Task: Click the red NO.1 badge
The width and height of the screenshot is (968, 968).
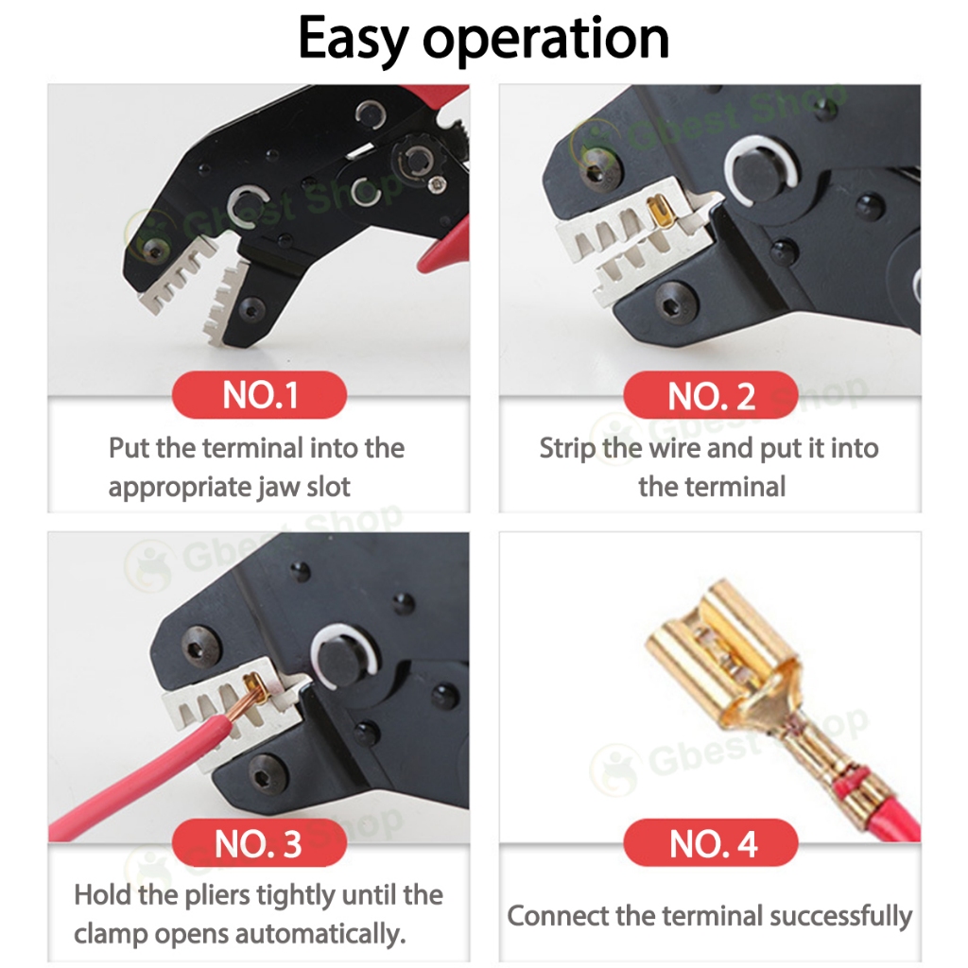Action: click(x=259, y=394)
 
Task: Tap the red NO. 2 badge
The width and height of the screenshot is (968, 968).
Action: click(x=711, y=394)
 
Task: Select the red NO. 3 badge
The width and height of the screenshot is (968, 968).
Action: click(x=259, y=842)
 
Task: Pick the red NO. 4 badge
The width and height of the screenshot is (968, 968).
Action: click(x=711, y=842)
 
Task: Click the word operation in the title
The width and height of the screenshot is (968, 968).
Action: click(x=545, y=41)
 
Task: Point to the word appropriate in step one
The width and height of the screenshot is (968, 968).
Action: click(x=178, y=489)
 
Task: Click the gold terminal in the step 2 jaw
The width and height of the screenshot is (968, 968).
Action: click(x=657, y=213)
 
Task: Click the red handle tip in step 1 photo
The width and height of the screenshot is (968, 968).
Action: click(x=441, y=253)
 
